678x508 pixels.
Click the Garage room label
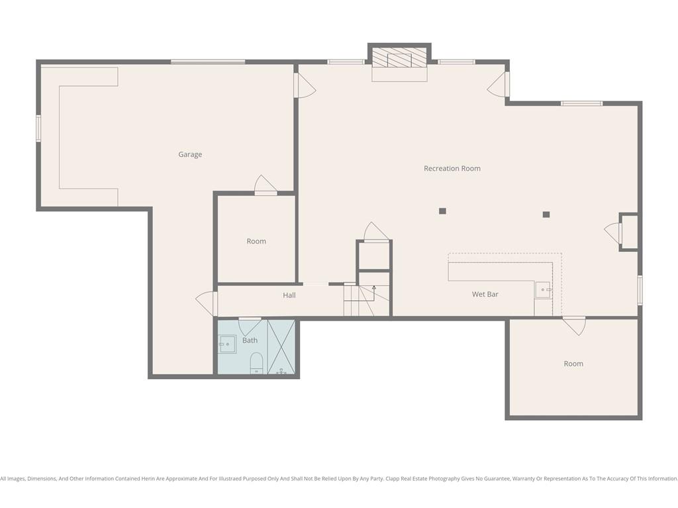pyautogui.click(x=190, y=155)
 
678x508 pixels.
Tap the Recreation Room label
pyautogui.click(x=452, y=169)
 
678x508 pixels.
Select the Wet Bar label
pyautogui.click(x=485, y=294)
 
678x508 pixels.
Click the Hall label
pyautogui.click(x=289, y=295)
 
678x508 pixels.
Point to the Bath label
pyautogui.click(x=250, y=341)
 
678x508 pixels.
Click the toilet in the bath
pyautogui.click(x=256, y=363)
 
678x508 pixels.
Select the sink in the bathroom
pyautogui.click(x=227, y=344)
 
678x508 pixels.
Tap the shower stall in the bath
pyautogui.click(x=281, y=347)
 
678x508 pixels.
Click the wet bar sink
pyautogui.click(x=544, y=290)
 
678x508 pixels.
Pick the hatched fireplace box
pyautogui.click(x=399, y=58)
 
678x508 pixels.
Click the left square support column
pyautogui.click(x=442, y=211)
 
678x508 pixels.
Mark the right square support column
pyautogui.click(x=546, y=214)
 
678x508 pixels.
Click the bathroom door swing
pyautogui.click(x=250, y=327)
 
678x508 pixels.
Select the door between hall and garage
pyautogui.click(x=207, y=303)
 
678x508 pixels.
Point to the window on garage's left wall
pyautogui.click(x=38, y=128)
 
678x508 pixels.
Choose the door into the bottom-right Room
pyautogui.click(x=574, y=325)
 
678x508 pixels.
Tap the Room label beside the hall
pyautogui.click(x=256, y=241)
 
